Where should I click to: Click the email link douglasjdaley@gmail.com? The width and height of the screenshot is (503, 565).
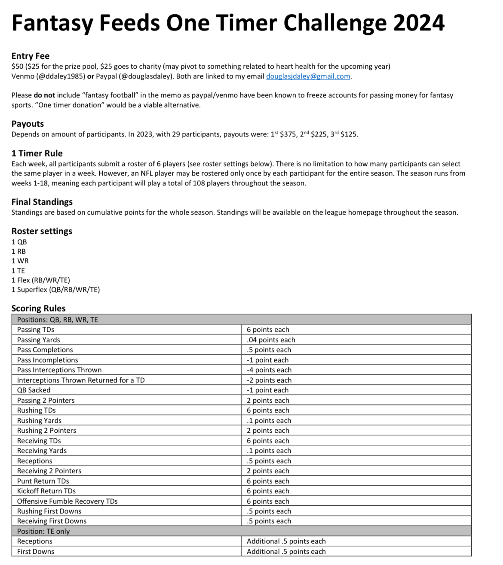[x=308, y=76]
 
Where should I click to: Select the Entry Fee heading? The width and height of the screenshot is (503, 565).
[x=31, y=56]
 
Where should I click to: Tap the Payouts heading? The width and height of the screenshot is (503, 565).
[x=28, y=124]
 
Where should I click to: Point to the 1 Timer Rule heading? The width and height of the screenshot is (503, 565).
[x=37, y=153]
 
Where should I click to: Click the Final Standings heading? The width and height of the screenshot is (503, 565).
[x=42, y=202]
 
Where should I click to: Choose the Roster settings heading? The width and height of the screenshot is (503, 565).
[x=42, y=231]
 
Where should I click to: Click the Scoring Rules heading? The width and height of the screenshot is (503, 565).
[x=39, y=308]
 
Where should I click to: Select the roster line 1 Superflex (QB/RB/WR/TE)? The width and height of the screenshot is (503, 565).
[x=56, y=290]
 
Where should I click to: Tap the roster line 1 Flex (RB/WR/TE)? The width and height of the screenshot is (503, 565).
[x=41, y=280]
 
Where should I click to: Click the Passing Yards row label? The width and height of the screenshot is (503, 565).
[x=39, y=340]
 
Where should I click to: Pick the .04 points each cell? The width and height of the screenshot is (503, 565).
[x=271, y=340]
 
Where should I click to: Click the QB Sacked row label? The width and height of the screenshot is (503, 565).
[x=34, y=390]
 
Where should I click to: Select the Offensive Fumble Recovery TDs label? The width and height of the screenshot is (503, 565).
[x=67, y=501]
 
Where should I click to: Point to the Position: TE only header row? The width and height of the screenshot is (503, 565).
[x=43, y=532]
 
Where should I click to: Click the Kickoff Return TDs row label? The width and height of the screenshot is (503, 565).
[x=46, y=491]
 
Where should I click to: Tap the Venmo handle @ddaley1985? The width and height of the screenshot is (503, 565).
[x=60, y=76]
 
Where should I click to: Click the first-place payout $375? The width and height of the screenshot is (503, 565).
[x=288, y=134]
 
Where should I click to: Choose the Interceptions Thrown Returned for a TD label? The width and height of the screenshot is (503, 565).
[x=81, y=380]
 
